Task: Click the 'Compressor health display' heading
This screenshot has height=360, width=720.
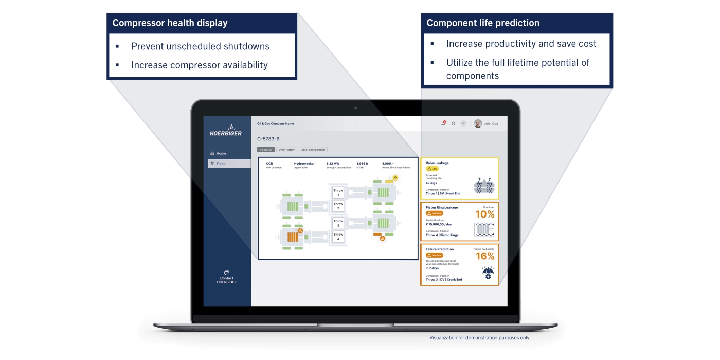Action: pos(170,23)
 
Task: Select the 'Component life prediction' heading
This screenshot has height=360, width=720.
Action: pos(483,23)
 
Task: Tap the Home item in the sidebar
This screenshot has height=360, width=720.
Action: pos(221,153)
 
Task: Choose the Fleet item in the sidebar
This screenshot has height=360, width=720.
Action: pos(220,164)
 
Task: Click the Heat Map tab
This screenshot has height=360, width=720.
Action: pos(266,150)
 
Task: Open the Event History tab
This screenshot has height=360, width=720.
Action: pos(286,150)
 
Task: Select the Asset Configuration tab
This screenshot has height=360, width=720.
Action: pos(313,150)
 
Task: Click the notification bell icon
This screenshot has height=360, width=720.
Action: pos(443,123)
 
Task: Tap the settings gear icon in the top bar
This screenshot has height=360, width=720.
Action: pos(453,123)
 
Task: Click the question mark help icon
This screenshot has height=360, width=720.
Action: pos(463,123)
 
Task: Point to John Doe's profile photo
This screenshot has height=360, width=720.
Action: pos(478,123)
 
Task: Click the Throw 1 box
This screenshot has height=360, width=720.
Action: pos(338,193)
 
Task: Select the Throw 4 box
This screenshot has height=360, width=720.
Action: pos(338,237)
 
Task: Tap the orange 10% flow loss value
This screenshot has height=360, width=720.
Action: pos(484,214)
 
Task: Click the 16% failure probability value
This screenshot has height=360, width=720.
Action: pos(484,256)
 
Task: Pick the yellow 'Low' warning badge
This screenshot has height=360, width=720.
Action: pos(431,169)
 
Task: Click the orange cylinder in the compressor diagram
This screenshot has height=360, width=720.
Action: pos(293,237)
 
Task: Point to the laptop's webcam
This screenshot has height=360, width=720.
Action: pos(355,108)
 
